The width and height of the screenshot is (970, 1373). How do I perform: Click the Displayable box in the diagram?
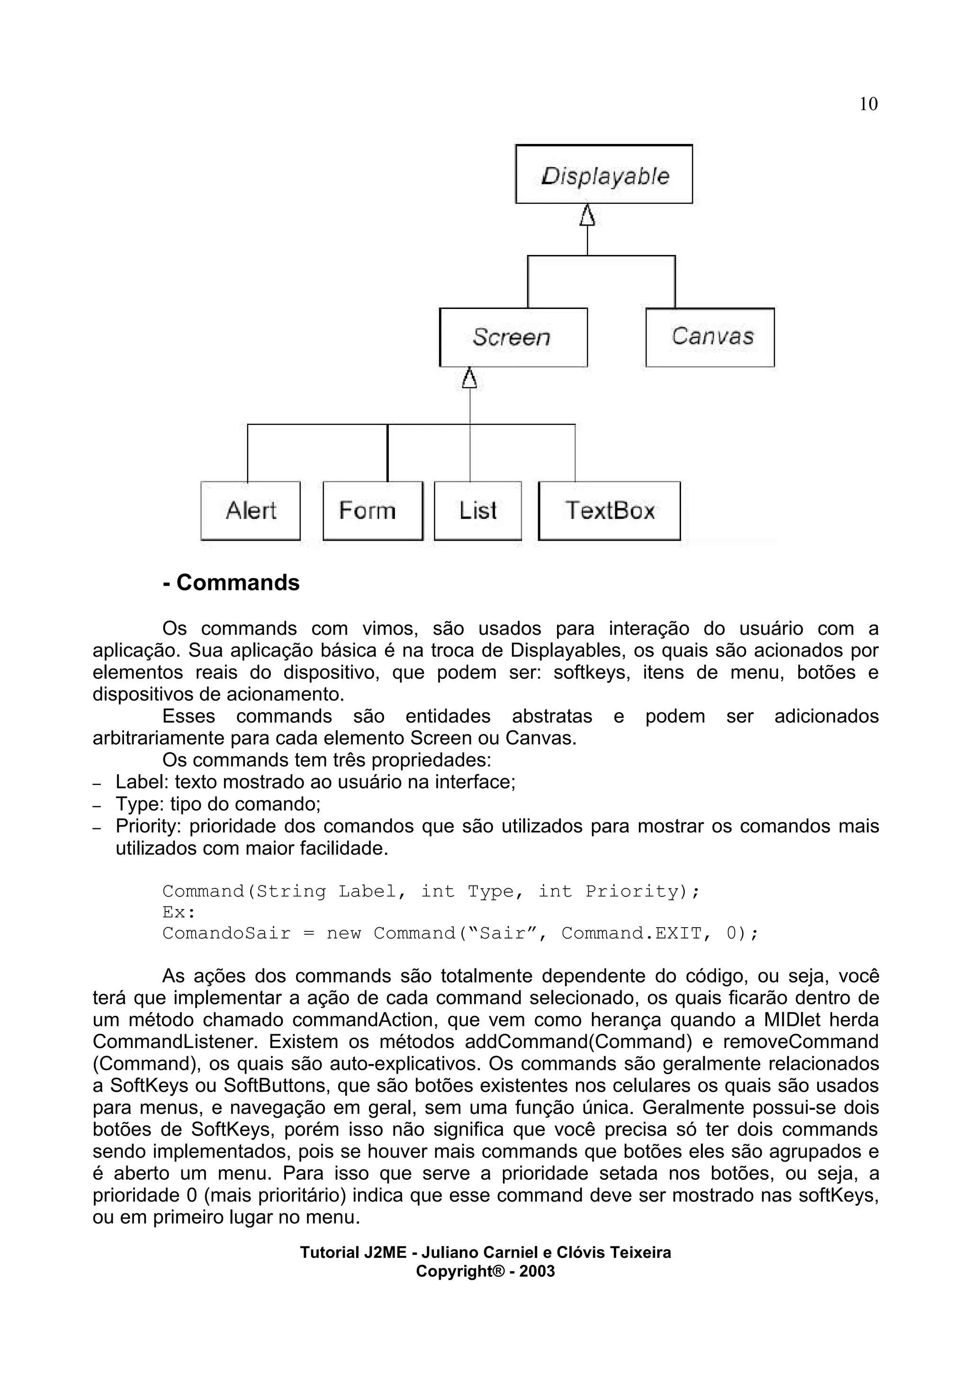[x=603, y=175]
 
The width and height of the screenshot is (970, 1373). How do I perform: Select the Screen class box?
[x=513, y=337]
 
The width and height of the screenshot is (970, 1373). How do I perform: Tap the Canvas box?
[x=710, y=337]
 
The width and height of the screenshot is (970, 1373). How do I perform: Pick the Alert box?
[x=251, y=511]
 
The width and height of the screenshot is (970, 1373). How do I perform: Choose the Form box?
[x=372, y=511]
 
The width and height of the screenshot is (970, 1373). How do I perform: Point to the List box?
[x=477, y=511]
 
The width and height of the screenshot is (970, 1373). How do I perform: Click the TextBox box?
[x=609, y=511]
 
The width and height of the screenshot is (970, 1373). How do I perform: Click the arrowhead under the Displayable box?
[x=587, y=215]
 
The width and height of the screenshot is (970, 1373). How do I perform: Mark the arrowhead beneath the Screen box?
[x=470, y=379]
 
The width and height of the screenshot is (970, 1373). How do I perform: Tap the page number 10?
[x=868, y=104]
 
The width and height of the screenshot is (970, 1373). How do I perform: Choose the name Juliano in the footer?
[x=450, y=1252]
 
